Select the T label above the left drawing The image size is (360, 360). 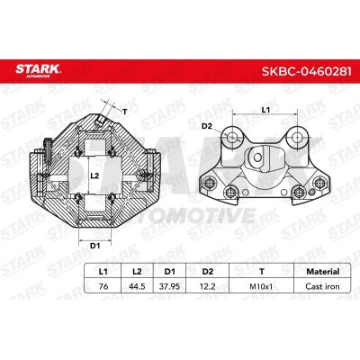(125, 111)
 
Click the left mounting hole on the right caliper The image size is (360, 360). (232, 135)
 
